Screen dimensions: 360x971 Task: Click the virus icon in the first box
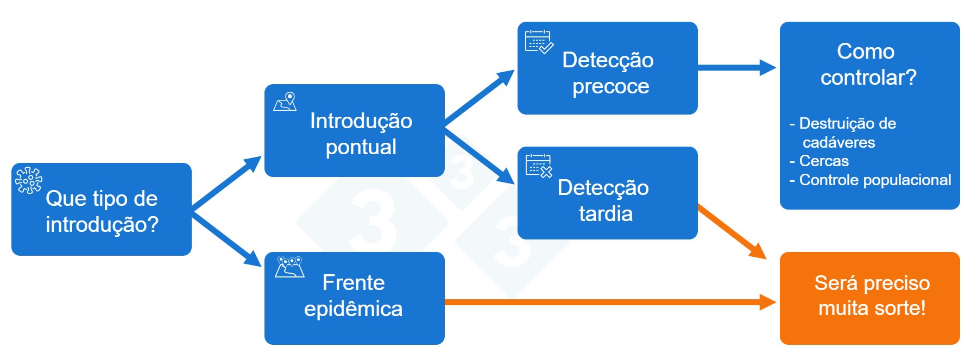(28, 180)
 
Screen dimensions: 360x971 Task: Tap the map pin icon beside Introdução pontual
(286, 102)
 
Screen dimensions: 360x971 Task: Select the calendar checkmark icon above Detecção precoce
(539, 42)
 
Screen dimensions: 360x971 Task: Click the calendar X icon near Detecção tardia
(539, 166)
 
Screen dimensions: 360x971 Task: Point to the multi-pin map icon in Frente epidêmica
(289, 267)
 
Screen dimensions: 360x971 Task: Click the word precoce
(610, 86)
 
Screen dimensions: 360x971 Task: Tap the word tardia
(606, 214)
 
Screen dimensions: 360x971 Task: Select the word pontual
(361, 147)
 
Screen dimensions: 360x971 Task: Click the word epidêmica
(353, 309)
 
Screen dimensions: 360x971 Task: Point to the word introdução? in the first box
(102, 225)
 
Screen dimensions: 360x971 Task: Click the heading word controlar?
(868, 78)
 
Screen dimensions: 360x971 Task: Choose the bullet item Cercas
(823, 161)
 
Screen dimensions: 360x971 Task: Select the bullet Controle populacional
(875, 180)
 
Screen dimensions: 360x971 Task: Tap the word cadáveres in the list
(838, 143)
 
